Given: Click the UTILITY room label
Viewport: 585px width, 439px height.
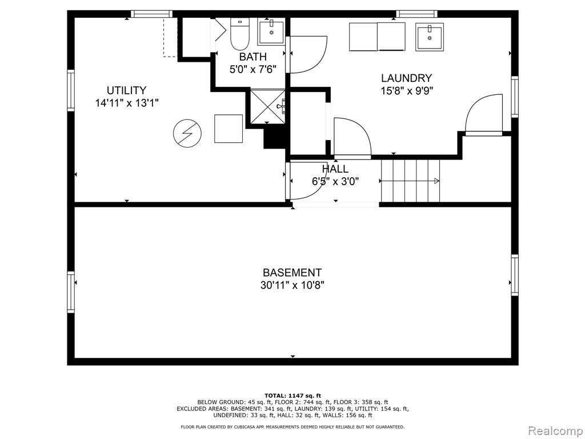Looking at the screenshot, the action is click(126, 90).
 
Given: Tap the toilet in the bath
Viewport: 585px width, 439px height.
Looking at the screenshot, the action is click(239, 34).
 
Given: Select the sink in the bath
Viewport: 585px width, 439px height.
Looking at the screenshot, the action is click(271, 32).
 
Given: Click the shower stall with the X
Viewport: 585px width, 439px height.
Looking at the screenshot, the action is click(267, 106).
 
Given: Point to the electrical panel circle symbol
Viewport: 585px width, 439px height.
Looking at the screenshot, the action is click(187, 133).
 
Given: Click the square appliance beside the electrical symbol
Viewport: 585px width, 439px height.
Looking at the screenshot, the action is click(229, 129).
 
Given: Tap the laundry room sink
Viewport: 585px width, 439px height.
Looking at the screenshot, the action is click(430, 37).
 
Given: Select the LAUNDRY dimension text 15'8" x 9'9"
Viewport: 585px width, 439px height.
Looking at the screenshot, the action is click(406, 91).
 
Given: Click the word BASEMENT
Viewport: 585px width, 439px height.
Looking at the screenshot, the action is click(292, 273).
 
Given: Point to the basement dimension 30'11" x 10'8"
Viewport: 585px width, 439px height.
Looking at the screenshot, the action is click(292, 285).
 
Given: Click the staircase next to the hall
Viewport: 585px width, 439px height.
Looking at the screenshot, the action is click(410, 181).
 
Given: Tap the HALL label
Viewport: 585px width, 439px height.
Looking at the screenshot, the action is click(335, 169).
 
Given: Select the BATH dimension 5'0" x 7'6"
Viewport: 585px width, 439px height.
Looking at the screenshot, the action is click(253, 69).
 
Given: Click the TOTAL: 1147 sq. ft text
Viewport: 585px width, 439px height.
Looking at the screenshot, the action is click(293, 396).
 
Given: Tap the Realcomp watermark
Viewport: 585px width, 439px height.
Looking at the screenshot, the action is click(555, 431).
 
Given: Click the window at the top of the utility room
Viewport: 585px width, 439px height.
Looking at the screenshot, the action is click(151, 14).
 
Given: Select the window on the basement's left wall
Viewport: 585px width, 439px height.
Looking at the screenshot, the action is click(71, 292).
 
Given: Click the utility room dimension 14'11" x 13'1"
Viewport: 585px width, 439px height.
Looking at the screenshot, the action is click(127, 103).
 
